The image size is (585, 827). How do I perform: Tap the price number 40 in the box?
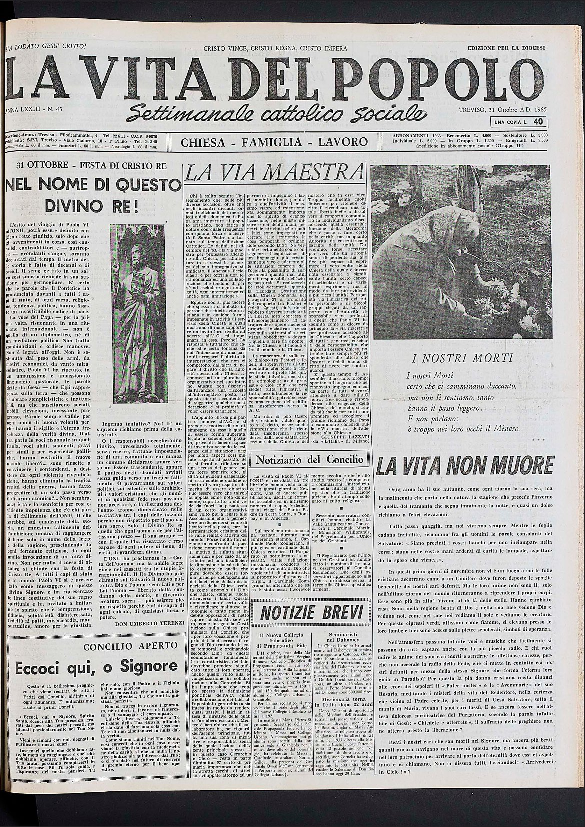click(x=538, y=121)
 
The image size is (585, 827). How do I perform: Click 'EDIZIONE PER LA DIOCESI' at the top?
click(x=507, y=48)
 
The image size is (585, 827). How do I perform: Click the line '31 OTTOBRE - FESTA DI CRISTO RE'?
click(x=92, y=167)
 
